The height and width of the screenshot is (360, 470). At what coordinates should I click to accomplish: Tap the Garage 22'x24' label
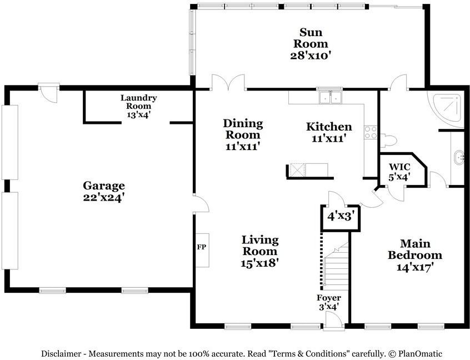tap(104, 191)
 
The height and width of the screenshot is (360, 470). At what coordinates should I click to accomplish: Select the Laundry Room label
tap(138, 106)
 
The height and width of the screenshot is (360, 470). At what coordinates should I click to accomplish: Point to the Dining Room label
tap(243, 134)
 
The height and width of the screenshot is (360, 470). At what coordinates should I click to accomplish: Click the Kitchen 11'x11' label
tap(329, 132)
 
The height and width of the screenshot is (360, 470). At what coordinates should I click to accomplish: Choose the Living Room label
tap(260, 251)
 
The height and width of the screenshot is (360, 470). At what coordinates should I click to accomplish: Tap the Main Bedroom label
tap(415, 256)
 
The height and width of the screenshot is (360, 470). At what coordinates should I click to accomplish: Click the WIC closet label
tap(399, 172)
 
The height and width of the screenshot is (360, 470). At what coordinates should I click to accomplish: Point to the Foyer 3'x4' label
tap(328, 302)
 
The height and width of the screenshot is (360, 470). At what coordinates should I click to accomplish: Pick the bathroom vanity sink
tap(459, 158)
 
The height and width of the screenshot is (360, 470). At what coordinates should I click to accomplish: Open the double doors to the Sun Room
tap(228, 83)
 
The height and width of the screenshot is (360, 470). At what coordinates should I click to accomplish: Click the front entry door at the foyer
tap(333, 321)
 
